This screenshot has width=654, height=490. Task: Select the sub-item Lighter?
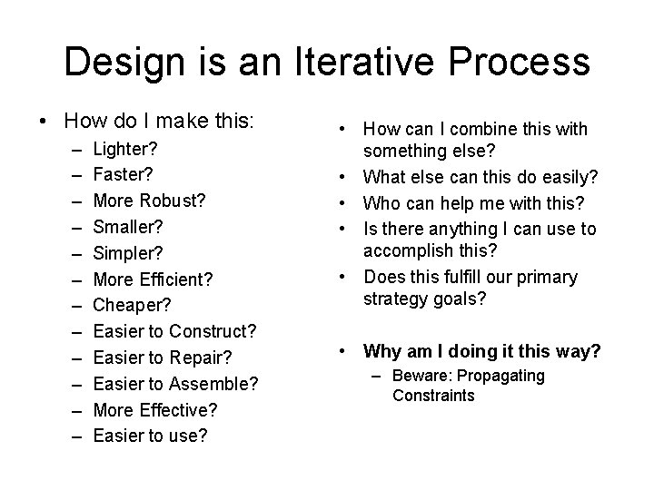(x=125, y=147)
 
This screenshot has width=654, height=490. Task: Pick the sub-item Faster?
(x=124, y=171)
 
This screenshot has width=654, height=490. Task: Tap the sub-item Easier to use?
(x=150, y=436)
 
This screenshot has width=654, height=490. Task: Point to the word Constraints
(x=433, y=396)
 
